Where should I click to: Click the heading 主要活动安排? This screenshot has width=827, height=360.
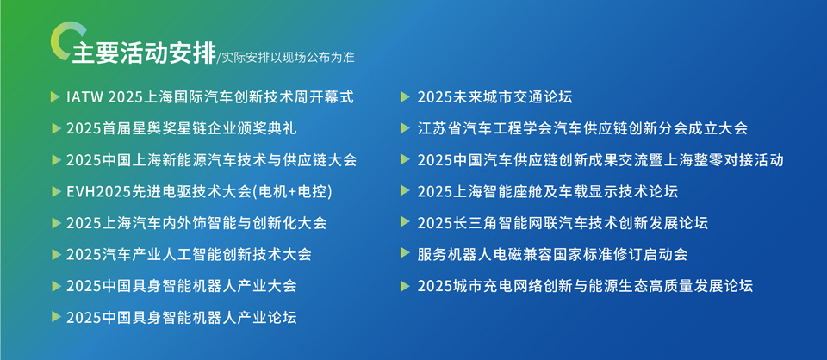144,53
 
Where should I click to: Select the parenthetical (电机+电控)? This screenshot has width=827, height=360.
293,192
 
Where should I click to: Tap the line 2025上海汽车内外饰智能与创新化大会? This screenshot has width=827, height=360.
196,223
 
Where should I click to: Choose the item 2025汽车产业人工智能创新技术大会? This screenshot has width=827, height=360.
189,255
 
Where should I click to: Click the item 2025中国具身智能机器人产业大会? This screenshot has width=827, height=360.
182,286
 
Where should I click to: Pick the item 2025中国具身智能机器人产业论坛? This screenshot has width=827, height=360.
182,317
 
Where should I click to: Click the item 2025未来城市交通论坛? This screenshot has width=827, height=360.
494,97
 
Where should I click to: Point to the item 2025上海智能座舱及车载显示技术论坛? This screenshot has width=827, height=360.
548,192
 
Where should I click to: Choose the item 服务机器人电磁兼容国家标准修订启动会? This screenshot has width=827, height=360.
553,255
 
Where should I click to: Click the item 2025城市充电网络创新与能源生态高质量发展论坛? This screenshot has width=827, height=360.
586,286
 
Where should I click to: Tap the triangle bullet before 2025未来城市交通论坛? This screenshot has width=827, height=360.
405,97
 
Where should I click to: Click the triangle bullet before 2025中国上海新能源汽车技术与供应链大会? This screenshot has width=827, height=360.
55,160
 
